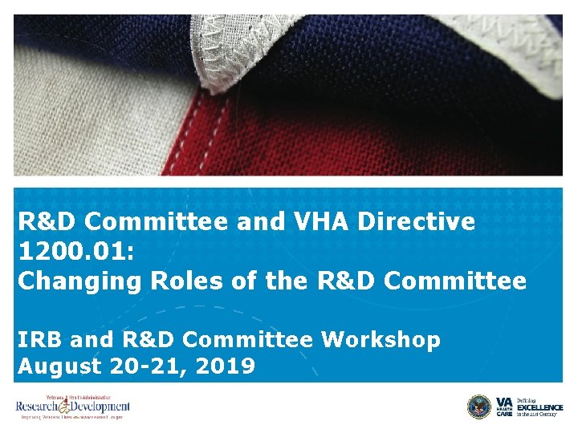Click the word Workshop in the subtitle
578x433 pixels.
click(381, 340)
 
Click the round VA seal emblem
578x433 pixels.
click(479, 407)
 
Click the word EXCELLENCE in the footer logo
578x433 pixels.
click(539, 407)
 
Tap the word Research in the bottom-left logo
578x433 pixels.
click(37, 407)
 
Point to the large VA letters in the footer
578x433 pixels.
click(504, 402)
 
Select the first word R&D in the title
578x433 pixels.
click(47, 221)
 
